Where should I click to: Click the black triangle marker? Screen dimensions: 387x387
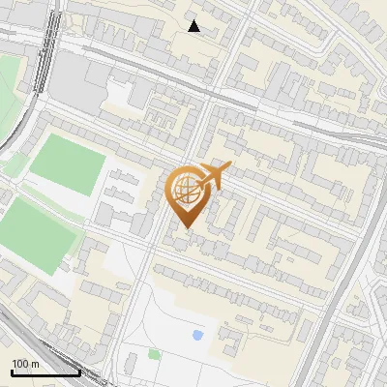pos(194,26)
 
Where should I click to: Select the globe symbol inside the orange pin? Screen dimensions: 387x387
pos(184,189)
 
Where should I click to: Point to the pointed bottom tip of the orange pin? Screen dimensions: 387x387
pos(184,227)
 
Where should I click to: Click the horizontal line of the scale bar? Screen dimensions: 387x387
pos(45,372)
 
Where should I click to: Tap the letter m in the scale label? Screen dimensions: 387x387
pos(35,364)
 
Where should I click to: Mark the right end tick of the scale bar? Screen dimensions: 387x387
pos(79,371)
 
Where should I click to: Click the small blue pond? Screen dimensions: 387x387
pos(198,335)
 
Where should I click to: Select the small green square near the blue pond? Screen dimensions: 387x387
pos(154,354)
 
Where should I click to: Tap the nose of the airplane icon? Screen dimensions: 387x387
pos(229,168)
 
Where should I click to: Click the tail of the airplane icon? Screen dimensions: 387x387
pos(199,184)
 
